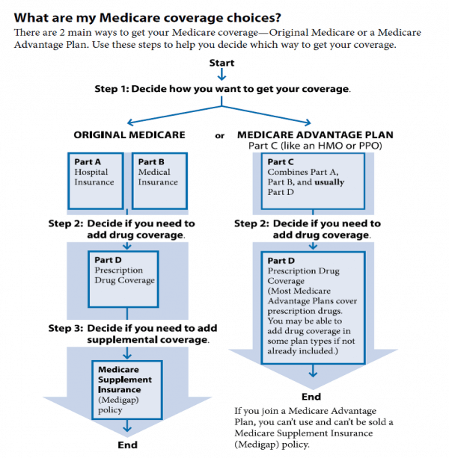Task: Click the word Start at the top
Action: (222, 63)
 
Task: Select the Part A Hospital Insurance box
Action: (95, 181)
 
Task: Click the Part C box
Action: (312, 182)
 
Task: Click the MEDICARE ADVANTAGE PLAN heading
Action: (314, 135)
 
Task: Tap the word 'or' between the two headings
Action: (219, 136)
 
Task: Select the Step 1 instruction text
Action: (222, 89)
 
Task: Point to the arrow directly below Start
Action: (222, 75)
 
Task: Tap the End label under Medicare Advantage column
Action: (311, 397)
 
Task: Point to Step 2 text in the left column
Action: (121, 229)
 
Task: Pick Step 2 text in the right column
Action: (307, 229)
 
